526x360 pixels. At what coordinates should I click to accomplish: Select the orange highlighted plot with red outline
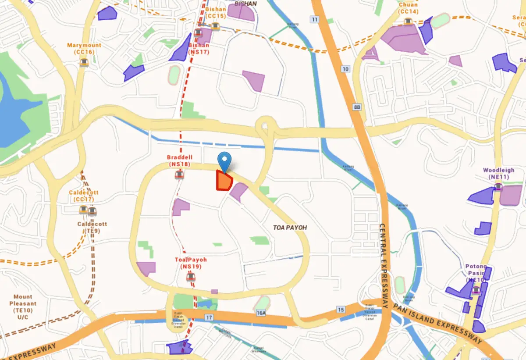224,181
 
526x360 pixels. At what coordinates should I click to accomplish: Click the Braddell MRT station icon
179,175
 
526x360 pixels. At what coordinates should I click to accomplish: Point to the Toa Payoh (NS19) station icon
191,277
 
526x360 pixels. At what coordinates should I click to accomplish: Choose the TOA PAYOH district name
290,228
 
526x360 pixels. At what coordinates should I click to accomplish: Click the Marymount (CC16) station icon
84,62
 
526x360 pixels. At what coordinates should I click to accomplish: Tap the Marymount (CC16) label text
84,49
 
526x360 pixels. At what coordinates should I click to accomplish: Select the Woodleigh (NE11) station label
498,173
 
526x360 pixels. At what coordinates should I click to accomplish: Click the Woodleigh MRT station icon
498,187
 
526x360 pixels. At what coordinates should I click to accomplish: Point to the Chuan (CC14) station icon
409,21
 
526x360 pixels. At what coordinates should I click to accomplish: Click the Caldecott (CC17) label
84,196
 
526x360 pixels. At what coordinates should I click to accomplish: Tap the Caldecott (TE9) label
92,227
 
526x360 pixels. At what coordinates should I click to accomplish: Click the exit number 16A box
261,312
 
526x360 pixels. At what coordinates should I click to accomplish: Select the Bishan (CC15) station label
215,12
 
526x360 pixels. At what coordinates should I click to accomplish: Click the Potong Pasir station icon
476,290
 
